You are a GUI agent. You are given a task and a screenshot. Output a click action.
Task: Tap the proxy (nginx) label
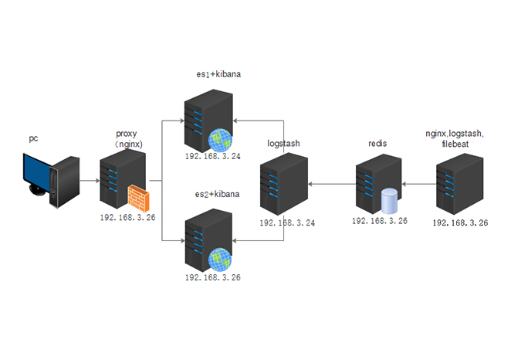pos(125,138)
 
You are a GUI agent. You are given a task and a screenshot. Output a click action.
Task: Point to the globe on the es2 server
pos(222,257)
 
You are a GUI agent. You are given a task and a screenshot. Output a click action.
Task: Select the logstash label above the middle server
pos(283,144)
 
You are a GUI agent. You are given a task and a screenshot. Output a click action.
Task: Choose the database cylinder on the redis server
pos(391,201)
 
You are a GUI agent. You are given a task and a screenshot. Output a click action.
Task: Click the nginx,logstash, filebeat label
pos(460,138)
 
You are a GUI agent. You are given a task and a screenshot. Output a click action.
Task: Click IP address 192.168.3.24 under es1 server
pos(212,156)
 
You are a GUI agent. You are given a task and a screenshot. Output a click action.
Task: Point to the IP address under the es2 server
pos(212,277)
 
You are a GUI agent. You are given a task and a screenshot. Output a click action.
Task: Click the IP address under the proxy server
pos(128,217)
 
